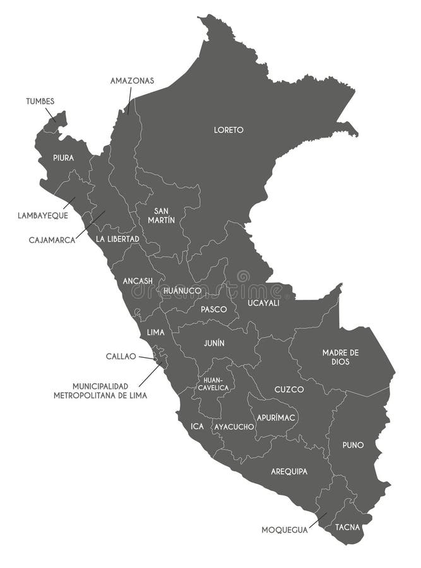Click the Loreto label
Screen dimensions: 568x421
coord(228,130)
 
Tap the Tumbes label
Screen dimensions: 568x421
coord(40,101)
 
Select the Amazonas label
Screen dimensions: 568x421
coord(132,81)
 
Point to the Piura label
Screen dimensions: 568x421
coord(63,158)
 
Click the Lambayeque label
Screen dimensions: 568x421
coord(43,215)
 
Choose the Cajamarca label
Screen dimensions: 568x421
coord(52,240)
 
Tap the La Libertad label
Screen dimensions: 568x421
coord(117,239)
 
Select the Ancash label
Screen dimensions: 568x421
coord(138,281)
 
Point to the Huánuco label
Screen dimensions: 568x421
coord(182,291)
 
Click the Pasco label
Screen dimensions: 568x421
coord(214,309)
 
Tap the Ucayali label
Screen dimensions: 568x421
coord(263,303)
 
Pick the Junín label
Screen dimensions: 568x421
coord(214,343)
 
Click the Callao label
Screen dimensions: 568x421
coord(121,356)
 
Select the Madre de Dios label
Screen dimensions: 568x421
coord(340,357)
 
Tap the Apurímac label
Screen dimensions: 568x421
coord(274,417)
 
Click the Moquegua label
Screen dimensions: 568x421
coord(285,530)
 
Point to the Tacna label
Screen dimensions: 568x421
coord(348,526)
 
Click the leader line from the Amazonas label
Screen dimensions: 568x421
coord(129,100)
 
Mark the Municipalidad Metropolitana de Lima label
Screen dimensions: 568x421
coord(100,391)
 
